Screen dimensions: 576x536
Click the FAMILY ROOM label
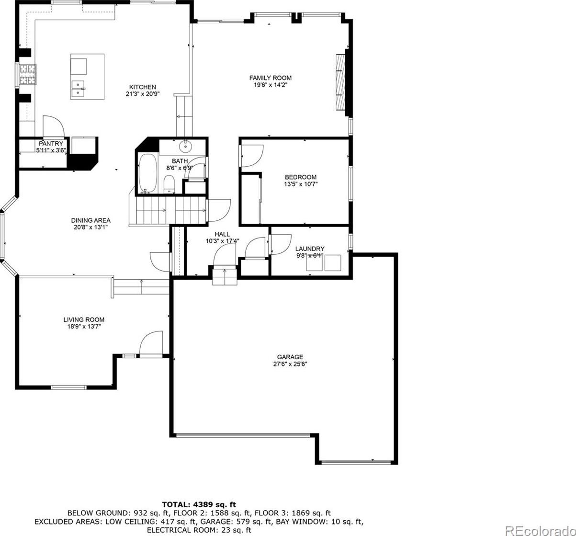[271, 78]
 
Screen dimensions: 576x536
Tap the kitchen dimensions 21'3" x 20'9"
[143, 94]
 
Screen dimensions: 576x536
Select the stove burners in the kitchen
[28, 75]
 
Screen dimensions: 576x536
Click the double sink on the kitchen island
[78, 89]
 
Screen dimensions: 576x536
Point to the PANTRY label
[51, 144]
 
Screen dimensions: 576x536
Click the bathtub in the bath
[148, 173]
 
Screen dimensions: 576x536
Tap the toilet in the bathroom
[169, 184]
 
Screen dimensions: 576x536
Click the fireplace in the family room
[340, 82]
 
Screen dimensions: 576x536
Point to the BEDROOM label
[301, 177]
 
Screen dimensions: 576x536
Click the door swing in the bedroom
[252, 156]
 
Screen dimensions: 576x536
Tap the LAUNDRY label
[310, 249]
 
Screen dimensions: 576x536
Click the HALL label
[222, 234]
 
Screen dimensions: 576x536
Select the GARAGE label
[290, 357]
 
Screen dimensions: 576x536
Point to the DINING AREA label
[91, 220]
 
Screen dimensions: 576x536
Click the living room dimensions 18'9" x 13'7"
[84, 327]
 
